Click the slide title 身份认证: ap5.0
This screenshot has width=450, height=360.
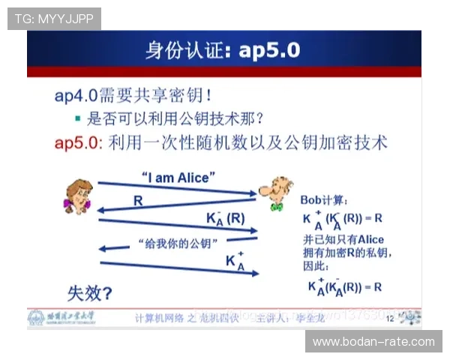(223, 50)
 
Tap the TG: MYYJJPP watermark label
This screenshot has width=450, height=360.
(53, 19)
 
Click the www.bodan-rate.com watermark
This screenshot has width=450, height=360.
(373, 342)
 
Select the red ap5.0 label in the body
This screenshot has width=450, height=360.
(78, 141)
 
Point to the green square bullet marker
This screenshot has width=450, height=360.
(77, 118)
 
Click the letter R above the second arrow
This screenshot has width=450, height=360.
(137, 200)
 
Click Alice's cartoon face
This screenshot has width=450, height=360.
(76, 196)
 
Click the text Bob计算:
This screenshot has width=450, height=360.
(324, 200)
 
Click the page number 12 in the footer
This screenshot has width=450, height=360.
(389, 319)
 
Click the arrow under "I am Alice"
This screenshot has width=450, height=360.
(177, 189)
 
